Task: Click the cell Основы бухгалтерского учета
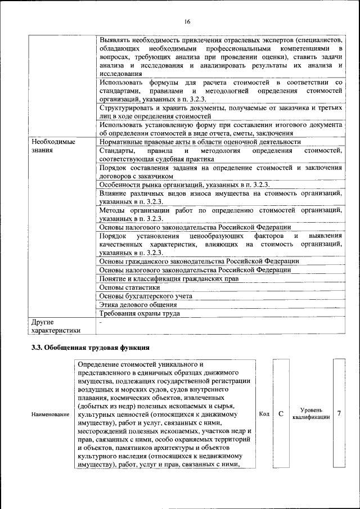click(146, 295)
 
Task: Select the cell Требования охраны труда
click(139, 313)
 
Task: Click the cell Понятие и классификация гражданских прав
click(169, 278)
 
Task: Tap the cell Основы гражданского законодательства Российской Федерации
click(199, 261)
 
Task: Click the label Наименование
click(51, 415)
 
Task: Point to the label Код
click(264, 415)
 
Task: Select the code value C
click(280, 414)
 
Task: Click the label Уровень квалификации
click(310, 415)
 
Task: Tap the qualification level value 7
click(339, 414)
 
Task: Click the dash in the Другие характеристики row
click(101, 323)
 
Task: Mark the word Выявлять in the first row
click(115, 42)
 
